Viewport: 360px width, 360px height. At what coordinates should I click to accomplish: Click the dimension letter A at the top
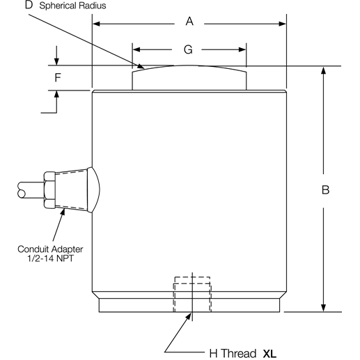[x=189, y=22]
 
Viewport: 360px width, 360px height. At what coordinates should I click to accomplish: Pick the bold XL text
[x=269, y=352]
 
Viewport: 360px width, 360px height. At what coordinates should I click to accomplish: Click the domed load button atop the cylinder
[x=189, y=77]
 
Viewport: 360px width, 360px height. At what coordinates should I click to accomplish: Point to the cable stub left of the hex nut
[x=26, y=189]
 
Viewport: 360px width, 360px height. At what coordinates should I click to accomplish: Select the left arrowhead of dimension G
[x=136, y=49]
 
